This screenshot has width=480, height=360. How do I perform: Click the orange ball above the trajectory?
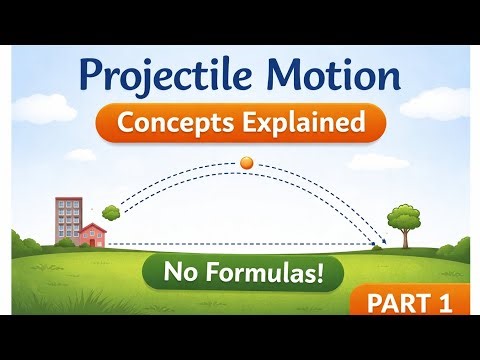tap(246, 162)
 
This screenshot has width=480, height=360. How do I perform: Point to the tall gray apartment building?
tap(69, 220)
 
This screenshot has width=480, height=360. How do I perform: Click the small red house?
tap(92, 237)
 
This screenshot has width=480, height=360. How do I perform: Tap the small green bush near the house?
tap(111, 211)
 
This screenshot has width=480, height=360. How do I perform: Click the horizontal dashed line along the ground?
tap(240, 245)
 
